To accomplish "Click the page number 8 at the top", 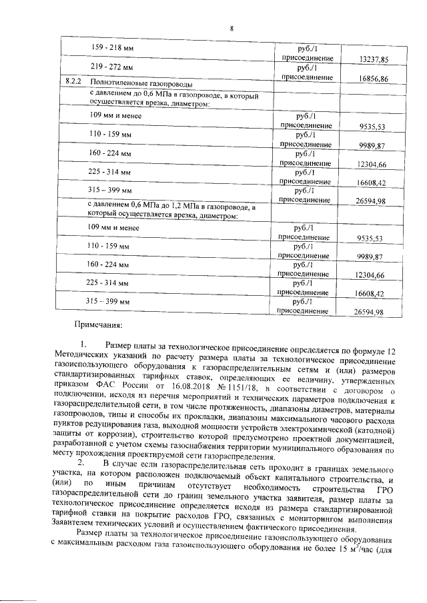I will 232,28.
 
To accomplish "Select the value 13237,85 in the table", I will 373,59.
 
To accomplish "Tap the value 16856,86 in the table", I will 373,79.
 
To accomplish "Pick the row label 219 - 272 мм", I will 111,68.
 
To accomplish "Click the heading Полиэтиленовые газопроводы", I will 138,83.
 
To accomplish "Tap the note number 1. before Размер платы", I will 84,345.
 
